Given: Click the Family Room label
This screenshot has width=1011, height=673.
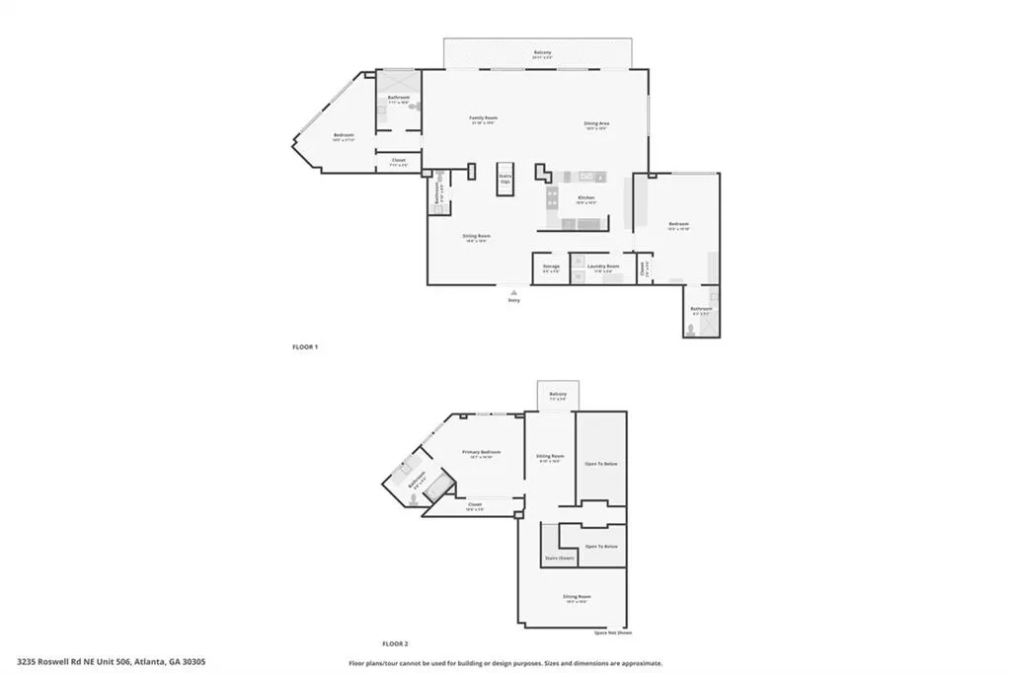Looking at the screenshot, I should (x=483, y=117).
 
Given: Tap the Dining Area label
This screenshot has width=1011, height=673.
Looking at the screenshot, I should (x=597, y=123).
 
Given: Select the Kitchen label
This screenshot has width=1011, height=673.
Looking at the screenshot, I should (x=586, y=197).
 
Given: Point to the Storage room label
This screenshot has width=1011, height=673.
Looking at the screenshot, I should (x=551, y=266).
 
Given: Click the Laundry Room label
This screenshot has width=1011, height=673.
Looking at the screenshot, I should (x=603, y=266).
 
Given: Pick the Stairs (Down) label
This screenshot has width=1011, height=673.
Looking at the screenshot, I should (x=559, y=559).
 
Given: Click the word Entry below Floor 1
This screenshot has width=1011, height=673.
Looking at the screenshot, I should (x=513, y=300).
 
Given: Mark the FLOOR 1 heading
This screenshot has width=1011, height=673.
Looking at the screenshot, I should (x=305, y=347).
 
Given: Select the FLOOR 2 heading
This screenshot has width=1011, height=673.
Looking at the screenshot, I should (x=395, y=642).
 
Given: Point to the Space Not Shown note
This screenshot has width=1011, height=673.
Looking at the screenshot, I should (x=613, y=633).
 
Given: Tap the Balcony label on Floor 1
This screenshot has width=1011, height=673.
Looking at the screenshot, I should (x=543, y=52).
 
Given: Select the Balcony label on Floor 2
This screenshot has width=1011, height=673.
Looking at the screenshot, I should (x=558, y=395).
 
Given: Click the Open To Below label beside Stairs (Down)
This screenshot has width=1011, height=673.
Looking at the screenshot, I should (x=601, y=546).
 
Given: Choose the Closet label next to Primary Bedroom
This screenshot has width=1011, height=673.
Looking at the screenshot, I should (x=474, y=504).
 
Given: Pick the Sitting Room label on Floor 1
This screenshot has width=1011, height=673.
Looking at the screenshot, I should (x=478, y=236).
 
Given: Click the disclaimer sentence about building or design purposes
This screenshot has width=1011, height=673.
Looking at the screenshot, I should (x=505, y=663).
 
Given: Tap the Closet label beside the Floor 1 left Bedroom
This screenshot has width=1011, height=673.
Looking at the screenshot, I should (x=399, y=160).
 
